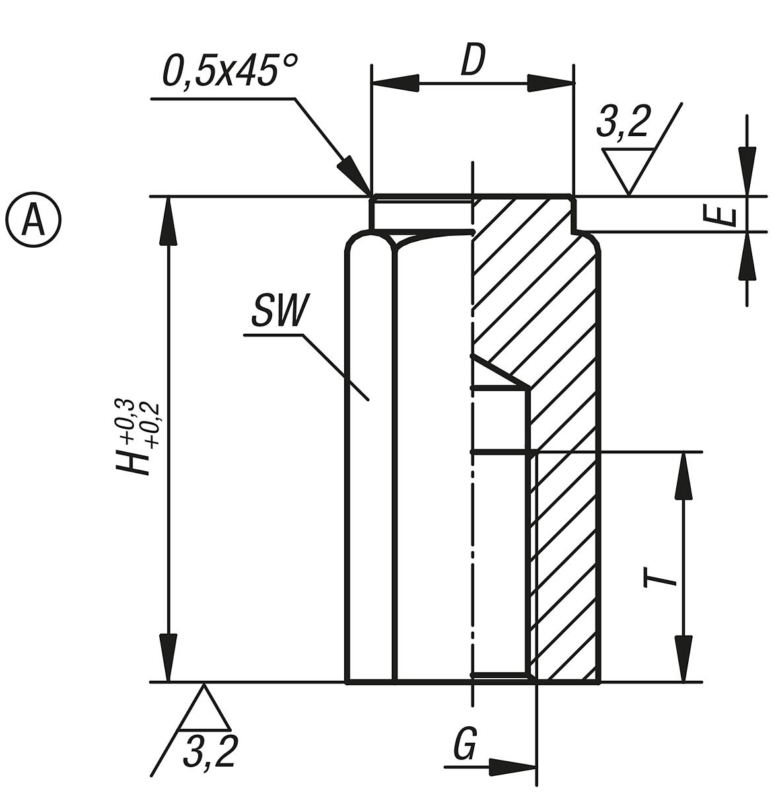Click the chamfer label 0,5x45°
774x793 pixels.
tap(229, 71)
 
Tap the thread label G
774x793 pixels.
tap(465, 747)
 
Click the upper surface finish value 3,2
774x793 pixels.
tap(623, 123)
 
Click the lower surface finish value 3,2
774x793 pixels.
tap(209, 751)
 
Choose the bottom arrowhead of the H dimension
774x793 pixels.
tap(170, 658)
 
